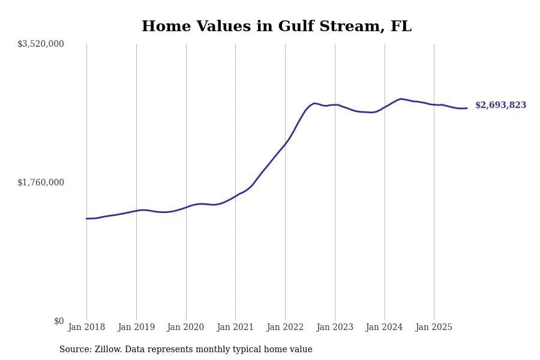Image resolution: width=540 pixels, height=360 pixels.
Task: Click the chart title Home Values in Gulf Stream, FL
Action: pos(277,27)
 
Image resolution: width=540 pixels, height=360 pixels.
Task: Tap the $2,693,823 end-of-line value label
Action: pos(500,105)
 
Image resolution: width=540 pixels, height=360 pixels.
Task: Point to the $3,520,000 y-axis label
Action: pos(41,44)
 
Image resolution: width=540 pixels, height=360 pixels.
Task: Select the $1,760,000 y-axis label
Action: pos(41,182)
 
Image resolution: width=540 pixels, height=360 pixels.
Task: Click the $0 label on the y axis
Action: pos(59,321)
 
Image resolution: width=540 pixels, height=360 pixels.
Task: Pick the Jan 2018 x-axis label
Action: pos(86,327)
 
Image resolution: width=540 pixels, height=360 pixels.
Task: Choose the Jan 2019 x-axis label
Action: pos(136,327)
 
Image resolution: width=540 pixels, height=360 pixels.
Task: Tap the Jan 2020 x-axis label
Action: pos(185,327)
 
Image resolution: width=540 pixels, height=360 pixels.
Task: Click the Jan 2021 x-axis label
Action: pos(235,327)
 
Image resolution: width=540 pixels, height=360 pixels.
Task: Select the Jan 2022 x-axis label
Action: pos(285,327)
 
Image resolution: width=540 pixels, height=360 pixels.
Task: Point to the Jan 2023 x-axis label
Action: pos(335,327)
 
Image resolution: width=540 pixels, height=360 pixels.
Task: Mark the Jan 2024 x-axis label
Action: pos(384,327)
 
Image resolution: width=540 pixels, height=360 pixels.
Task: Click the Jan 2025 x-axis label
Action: pos(434,327)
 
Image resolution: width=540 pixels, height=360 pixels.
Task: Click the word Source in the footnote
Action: pos(74,349)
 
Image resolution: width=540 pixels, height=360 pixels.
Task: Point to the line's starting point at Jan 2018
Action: pos(86,218)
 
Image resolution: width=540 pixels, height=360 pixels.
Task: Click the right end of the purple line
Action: pos(467,108)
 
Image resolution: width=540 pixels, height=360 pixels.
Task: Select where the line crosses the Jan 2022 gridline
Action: pos(285,144)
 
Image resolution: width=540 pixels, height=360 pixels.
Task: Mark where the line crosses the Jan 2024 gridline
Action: pos(385,107)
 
